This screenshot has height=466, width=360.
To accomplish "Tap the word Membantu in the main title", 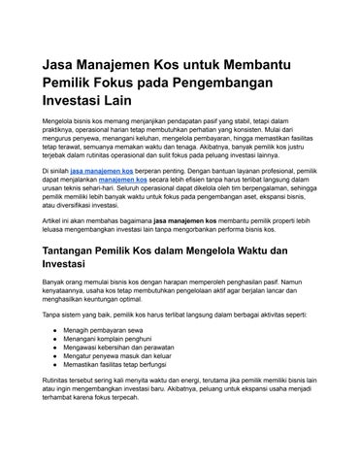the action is coord(260,63).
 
